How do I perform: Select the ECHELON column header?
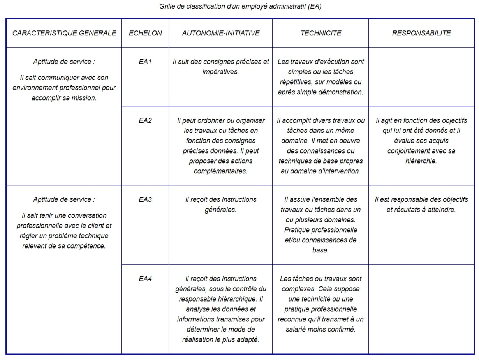145,33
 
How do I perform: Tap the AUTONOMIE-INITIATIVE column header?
221,33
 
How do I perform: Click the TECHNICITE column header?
321,33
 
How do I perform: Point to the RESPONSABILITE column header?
421,33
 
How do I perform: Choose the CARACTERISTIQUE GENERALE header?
64,33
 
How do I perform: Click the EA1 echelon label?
145,62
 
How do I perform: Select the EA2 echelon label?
145,120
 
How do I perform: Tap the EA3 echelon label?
145,199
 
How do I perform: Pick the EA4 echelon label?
145,279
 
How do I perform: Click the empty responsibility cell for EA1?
421,77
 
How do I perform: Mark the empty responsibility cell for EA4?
421,309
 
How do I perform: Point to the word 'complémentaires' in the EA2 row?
221,171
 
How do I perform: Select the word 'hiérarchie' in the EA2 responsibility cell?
421,161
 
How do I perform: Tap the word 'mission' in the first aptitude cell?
84,98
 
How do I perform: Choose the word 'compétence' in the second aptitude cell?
87,246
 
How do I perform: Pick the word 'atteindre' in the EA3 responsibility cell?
438,210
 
